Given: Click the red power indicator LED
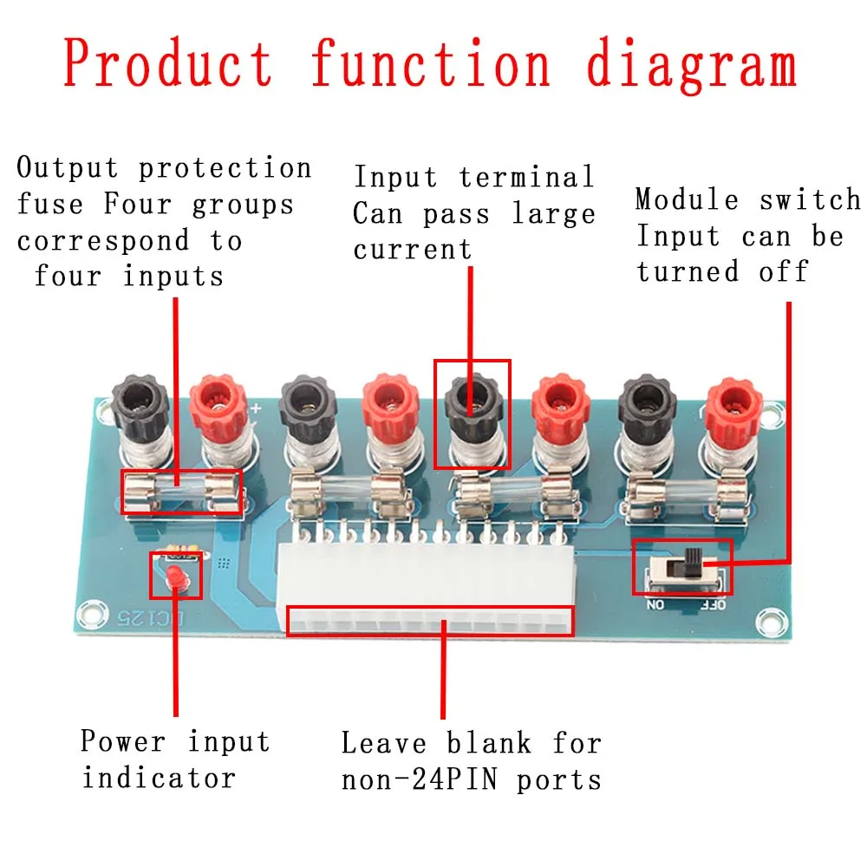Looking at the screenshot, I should pos(175,577).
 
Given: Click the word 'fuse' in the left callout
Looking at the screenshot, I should pos(50,205).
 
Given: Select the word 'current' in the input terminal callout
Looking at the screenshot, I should pos(412,250).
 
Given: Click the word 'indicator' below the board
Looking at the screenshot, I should pos(158,777).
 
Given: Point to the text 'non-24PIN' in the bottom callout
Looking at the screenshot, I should pos(419,779).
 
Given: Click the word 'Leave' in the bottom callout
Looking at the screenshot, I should pos(385,743).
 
